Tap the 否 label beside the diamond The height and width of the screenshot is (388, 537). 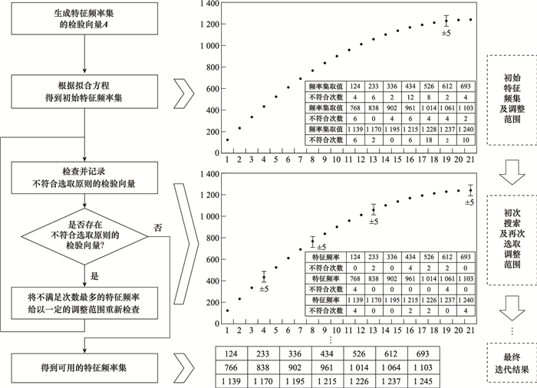tap(158, 227)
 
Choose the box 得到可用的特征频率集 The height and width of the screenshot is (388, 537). tap(84, 360)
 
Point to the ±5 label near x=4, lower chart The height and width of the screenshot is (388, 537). tap(265, 289)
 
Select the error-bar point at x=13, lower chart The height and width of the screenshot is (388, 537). tap(374, 209)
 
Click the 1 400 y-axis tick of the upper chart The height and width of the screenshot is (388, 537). tap(209, 5)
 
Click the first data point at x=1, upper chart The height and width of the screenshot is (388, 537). tap(227, 140)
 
